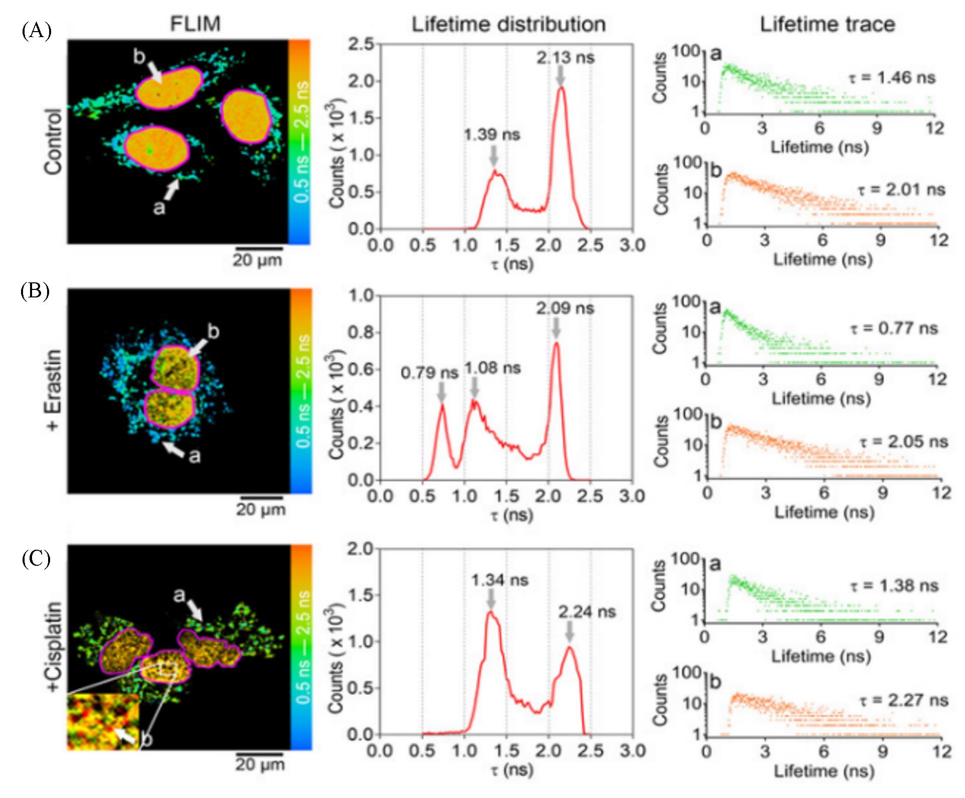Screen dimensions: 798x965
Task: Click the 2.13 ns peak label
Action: pyautogui.click(x=566, y=58)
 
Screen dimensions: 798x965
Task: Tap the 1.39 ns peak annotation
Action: pyautogui.click(x=492, y=134)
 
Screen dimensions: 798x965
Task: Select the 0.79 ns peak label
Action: pyautogui.click(x=429, y=373)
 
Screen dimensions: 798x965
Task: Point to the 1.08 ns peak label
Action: pyautogui.click(x=493, y=368)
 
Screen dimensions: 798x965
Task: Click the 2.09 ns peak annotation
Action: pyautogui.click(x=565, y=308)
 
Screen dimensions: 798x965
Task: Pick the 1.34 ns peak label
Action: pyautogui.click(x=500, y=580)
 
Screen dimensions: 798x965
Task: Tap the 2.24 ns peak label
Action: pyautogui.click(x=587, y=612)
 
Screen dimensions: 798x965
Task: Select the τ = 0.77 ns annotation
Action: pyautogui.click(x=894, y=329)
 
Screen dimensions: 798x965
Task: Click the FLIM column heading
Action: pyautogui.click(x=195, y=24)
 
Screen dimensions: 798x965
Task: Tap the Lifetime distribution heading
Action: pyautogui.click(x=509, y=24)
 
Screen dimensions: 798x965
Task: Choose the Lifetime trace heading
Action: pyautogui.click(x=828, y=24)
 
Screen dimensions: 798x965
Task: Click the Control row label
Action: pyautogui.click(x=54, y=141)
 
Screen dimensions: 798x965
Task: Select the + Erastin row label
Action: pyautogui.click(x=54, y=390)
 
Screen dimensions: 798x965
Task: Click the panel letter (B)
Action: pyautogui.click(x=35, y=291)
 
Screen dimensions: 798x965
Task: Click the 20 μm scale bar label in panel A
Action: pyautogui.click(x=257, y=260)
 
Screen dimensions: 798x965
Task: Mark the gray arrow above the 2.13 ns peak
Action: pyautogui.click(x=560, y=76)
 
